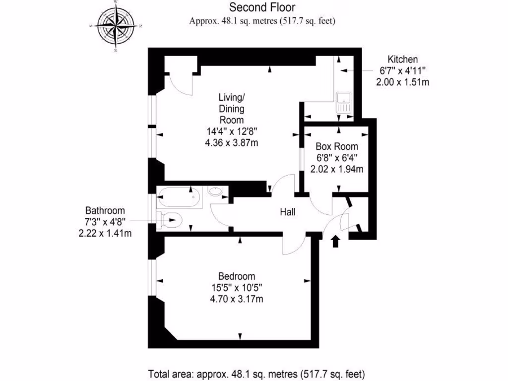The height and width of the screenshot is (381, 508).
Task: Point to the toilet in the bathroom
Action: coord(170,219)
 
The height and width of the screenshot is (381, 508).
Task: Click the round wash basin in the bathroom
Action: coord(215,191)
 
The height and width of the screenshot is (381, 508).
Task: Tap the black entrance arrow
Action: coord(335,241)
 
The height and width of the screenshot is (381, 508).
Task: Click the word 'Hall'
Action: coord(288,212)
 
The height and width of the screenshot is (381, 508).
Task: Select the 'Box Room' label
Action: coord(337,147)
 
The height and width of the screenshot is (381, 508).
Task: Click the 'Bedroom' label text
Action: coord(237,276)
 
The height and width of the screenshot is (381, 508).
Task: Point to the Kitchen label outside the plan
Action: coord(402,59)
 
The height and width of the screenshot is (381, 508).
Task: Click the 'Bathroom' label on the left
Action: coord(105,210)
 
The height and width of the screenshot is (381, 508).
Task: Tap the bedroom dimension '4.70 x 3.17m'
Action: coord(237,299)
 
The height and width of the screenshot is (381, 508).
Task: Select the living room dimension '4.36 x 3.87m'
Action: coord(232,142)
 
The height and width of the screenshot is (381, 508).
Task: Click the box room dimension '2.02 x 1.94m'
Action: coord(337,169)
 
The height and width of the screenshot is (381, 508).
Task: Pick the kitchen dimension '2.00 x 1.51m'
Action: coord(402,82)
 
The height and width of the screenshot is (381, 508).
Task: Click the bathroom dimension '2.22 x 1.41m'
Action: coord(105,233)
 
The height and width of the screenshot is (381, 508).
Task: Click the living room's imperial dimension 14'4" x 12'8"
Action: coord(232,131)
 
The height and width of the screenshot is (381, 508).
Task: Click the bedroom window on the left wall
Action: coord(153,278)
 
